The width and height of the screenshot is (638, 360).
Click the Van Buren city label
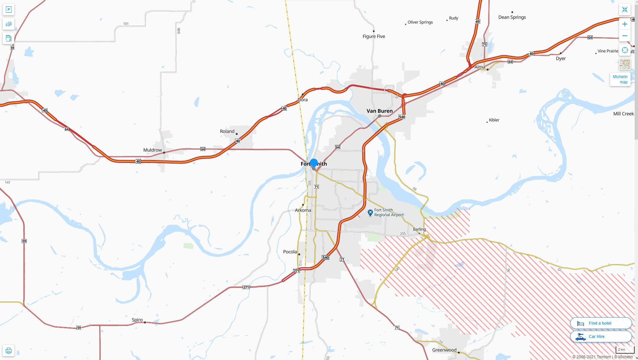point(380,111)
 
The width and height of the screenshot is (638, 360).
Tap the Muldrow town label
point(152,150)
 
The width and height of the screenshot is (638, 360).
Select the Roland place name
point(227,131)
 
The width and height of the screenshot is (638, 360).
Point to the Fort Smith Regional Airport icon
point(370,213)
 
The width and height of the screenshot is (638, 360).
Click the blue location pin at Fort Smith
point(313,163)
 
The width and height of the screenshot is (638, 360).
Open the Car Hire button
point(601,337)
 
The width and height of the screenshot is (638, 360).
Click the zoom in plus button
point(625,24)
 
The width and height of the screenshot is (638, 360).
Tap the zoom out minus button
point(625,36)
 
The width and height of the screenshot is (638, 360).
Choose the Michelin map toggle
point(620,79)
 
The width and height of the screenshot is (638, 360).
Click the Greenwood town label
point(444,350)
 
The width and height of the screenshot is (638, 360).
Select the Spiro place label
point(137,320)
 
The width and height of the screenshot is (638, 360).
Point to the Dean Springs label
point(512,17)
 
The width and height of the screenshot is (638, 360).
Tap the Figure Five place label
point(374,36)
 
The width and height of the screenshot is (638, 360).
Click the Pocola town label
point(290,252)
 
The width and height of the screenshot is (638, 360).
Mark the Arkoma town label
point(303,210)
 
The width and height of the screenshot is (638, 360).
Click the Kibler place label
point(494,120)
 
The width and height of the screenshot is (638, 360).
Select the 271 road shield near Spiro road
point(246,287)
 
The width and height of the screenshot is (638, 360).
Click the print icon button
point(9,351)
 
